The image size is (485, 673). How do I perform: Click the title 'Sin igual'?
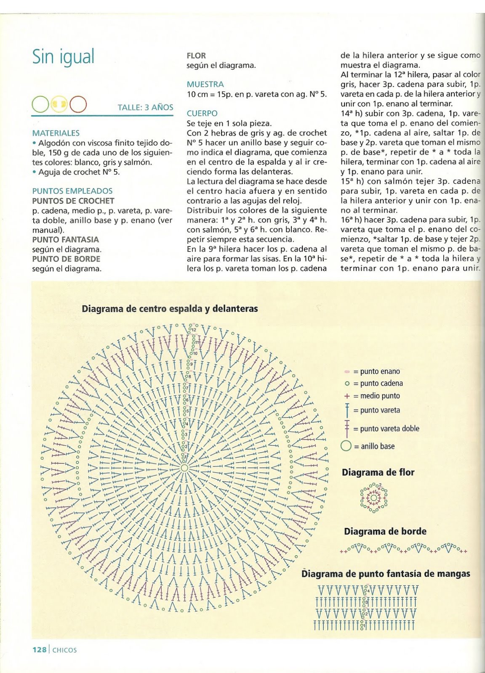tap(64, 57)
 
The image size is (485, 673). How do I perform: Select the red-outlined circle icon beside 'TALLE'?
tap(78, 104)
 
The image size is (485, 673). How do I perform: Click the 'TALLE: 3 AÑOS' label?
tap(145, 107)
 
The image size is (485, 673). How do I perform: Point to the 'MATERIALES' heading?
tap(56, 133)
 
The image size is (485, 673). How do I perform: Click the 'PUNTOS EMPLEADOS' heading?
tap(72, 191)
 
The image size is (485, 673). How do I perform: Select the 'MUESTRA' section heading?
tap(205, 84)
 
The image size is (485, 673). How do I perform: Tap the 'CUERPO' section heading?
tap(202, 113)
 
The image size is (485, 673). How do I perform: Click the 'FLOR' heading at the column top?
tap(196, 56)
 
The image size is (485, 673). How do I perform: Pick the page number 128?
tap(40, 650)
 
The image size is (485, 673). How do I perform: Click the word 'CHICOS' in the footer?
tap(65, 650)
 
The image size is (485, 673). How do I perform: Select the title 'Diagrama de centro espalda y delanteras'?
tap(170, 309)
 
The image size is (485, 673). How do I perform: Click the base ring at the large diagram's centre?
tap(184, 468)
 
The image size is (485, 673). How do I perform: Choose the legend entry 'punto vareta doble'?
tap(386, 429)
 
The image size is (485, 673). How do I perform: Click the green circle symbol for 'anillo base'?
tap(346, 446)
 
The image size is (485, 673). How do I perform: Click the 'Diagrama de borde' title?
tap(385, 531)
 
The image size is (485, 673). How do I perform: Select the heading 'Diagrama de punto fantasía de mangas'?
tap(386, 574)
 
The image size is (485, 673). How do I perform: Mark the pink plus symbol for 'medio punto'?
tap(347, 396)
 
